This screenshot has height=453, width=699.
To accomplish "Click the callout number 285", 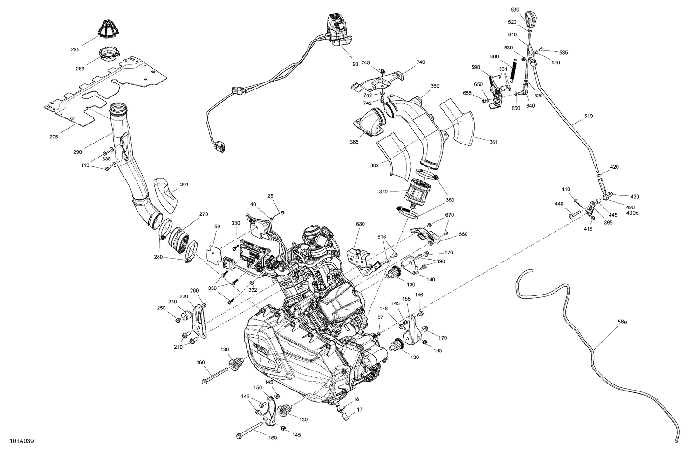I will (75, 49).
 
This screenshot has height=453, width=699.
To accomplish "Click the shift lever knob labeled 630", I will (529, 20).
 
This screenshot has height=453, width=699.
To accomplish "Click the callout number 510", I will (589, 116).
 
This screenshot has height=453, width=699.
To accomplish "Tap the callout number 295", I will (54, 137).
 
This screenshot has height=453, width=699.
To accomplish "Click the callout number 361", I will (493, 142).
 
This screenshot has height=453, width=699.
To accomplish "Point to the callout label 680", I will (360, 224).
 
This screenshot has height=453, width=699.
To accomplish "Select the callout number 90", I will (356, 63).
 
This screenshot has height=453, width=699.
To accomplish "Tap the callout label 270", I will (204, 215).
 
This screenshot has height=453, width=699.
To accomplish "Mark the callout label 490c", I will (632, 213).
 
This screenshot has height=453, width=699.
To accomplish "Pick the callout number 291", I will (184, 185).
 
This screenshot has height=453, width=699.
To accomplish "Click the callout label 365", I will (355, 142).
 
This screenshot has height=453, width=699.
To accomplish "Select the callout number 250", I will (161, 308).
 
